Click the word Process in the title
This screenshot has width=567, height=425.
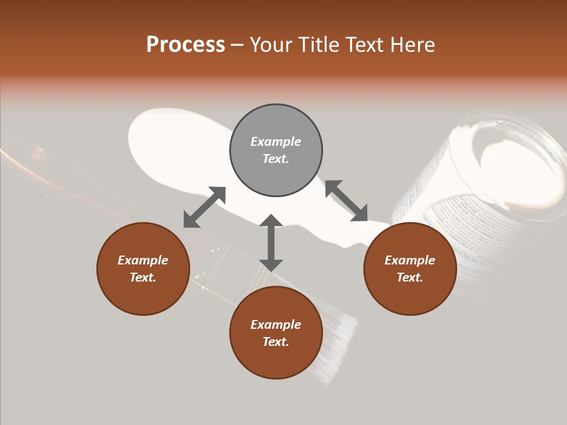[x=185, y=45]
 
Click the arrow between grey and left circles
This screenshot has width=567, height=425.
[x=204, y=207]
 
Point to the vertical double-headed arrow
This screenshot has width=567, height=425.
[x=271, y=243]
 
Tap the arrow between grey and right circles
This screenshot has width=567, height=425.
[x=346, y=201]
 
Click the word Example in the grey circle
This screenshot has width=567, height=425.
[x=276, y=142]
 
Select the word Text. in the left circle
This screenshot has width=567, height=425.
[x=143, y=277]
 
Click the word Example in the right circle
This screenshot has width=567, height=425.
[x=410, y=260]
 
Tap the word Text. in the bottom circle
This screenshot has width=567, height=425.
[x=276, y=342]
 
